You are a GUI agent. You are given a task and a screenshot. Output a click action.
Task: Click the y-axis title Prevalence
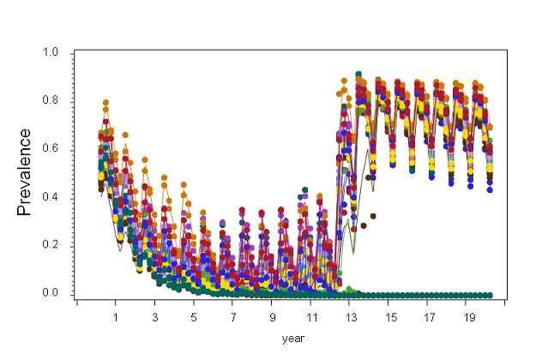coord(25,171)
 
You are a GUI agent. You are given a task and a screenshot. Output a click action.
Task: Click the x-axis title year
coord(293,339)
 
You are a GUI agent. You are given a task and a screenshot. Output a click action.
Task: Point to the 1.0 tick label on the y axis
coord(51,53)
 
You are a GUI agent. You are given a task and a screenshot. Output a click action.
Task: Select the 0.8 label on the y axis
coord(51,101)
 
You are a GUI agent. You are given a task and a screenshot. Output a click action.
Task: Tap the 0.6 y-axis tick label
coord(51,149)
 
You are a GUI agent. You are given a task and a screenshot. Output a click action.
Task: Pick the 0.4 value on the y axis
coord(51,198)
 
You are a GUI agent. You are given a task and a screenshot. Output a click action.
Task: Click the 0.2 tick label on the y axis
coord(51,246)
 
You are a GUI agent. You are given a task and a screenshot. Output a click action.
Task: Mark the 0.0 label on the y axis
coord(51,294)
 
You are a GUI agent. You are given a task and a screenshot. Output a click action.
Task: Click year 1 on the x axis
coord(116,316)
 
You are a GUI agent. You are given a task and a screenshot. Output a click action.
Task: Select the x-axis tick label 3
coord(155,316)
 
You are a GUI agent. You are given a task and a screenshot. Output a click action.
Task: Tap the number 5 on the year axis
coord(194,316)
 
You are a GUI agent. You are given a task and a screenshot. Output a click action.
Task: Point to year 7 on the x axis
coord(233,316)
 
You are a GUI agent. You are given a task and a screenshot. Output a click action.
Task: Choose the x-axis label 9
coord(272,316)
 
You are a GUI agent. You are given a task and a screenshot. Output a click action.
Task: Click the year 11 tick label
coord(311,316)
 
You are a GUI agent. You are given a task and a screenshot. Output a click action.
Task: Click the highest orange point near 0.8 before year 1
coord(105,103)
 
